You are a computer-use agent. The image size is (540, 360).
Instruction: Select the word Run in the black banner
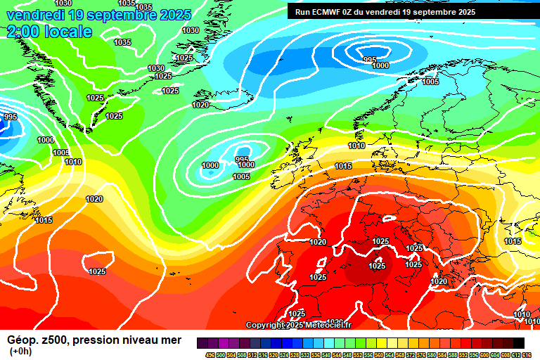(303, 12)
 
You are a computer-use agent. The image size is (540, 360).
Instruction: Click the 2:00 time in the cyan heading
(22, 32)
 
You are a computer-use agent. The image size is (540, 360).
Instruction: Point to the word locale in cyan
(67, 32)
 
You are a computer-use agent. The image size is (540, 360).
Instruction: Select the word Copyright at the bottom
(266, 325)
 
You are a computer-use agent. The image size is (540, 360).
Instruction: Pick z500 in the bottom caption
(53, 341)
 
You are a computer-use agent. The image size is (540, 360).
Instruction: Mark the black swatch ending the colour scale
(518, 342)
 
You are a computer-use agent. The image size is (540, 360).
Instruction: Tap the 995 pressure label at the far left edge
(10, 117)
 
